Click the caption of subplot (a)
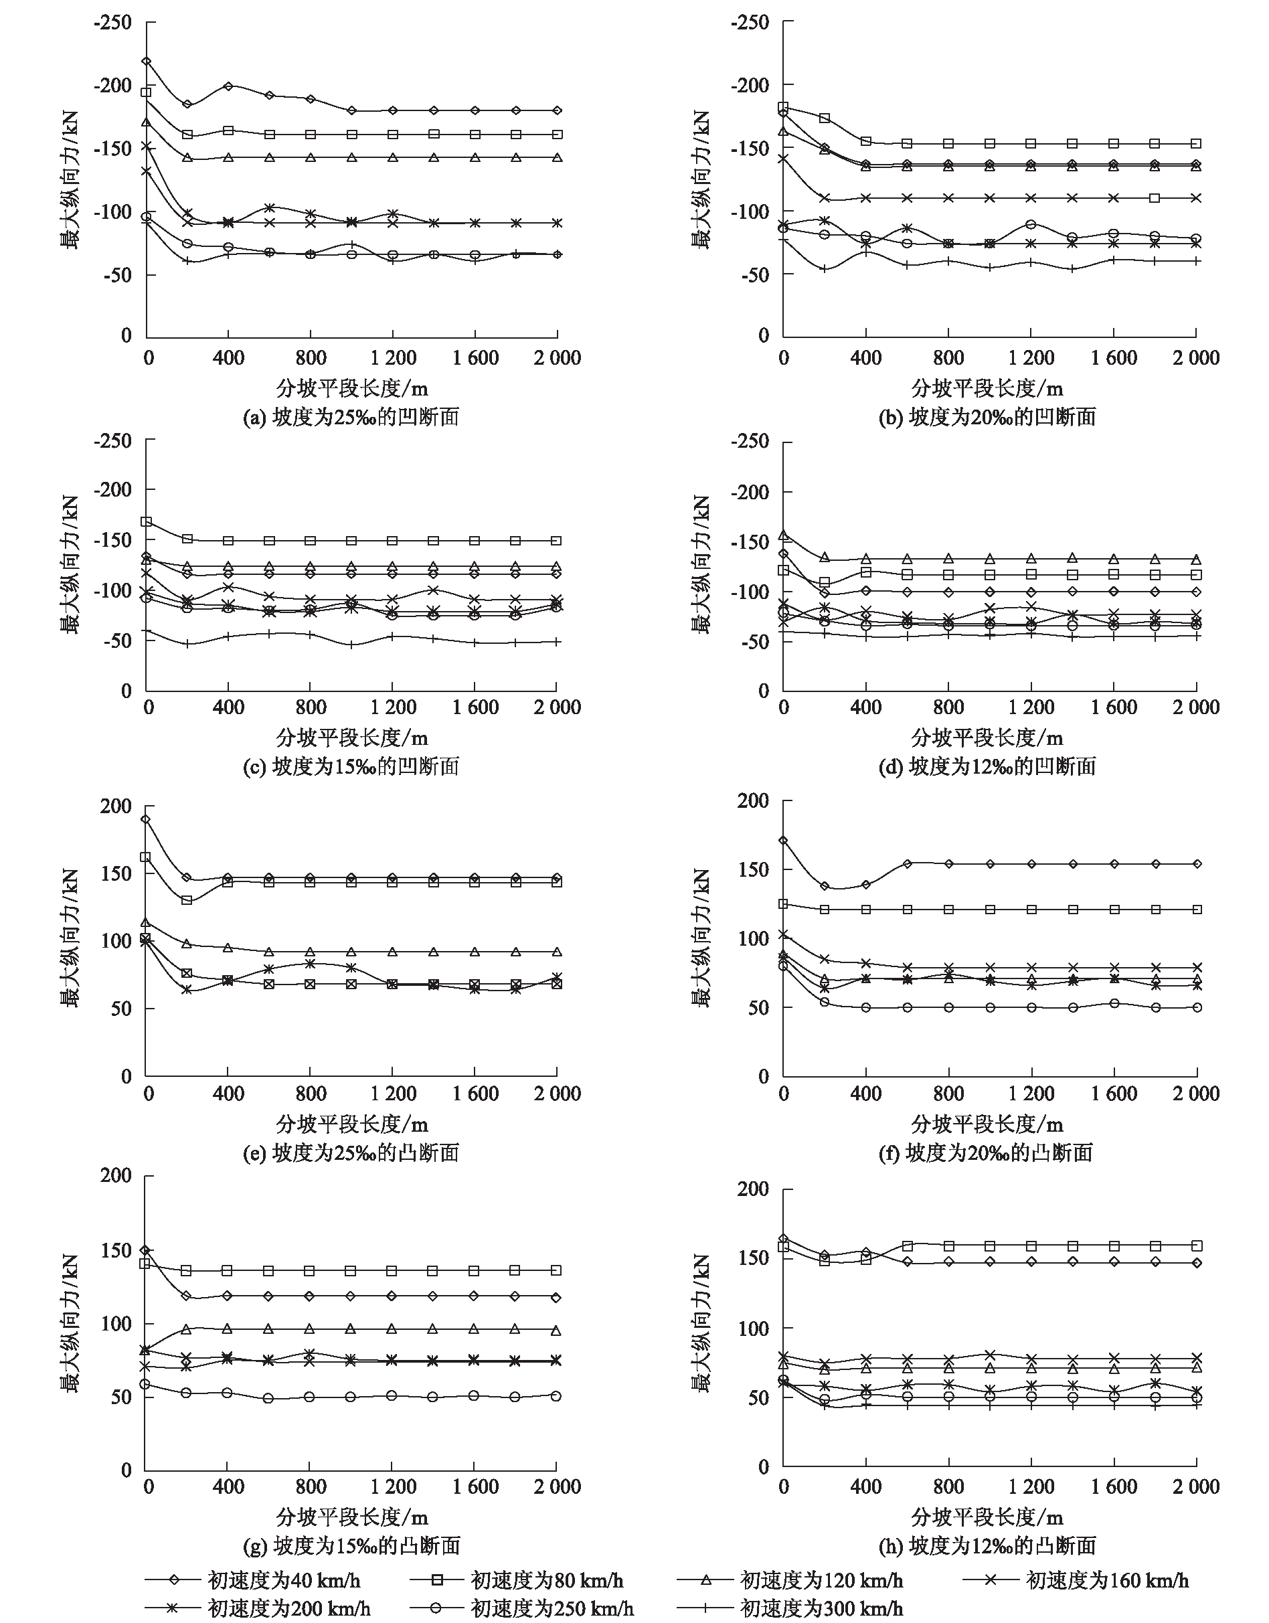351,417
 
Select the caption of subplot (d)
987,766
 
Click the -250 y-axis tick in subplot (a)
112,22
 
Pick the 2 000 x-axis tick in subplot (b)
1196,358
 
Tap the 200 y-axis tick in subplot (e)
116,806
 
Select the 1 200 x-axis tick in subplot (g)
393,1486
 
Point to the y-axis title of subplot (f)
701,938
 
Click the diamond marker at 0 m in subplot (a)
147,61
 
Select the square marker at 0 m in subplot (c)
147,521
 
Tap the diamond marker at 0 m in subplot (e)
147,820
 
